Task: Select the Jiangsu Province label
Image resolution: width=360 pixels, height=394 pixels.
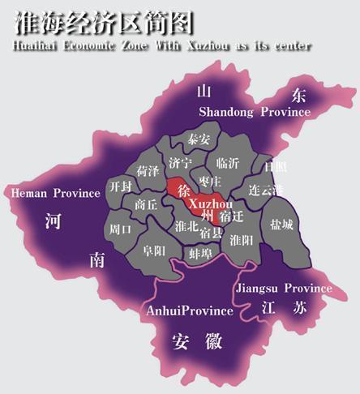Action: (283, 288)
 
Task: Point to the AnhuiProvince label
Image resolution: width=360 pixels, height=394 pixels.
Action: (189, 310)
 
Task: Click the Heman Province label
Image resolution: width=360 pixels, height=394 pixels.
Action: (55, 194)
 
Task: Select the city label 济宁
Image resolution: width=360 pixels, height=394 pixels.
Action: (180, 163)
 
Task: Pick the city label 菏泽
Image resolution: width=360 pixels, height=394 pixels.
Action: (148, 171)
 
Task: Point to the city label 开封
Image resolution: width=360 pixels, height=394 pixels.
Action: (121, 186)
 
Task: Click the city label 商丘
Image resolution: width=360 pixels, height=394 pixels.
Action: (146, 205)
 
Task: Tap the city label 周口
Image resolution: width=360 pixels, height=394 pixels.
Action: (119, 229)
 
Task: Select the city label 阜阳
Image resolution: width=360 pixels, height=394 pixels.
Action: (154, 251)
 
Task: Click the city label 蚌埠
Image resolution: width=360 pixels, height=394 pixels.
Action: (200, 254)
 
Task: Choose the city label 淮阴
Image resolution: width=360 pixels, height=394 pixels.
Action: (242, 240)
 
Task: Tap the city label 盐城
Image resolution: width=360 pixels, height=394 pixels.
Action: (282, 224)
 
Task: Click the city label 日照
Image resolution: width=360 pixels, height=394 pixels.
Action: (276, 167)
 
